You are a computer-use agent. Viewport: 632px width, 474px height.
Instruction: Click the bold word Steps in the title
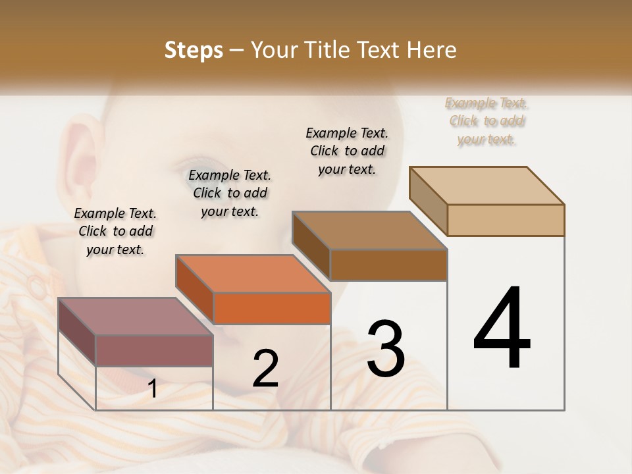click(x=194, y=50)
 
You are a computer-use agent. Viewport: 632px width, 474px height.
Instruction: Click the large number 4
click(x=502, y=329)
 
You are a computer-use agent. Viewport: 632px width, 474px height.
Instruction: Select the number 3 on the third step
click(x=386, y=349)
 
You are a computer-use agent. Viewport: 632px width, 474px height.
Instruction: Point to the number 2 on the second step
click(x=265, y=369)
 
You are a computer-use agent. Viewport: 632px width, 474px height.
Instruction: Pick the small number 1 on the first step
click(x=153, y=389)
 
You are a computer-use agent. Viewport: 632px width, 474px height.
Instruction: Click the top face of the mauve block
click(x=135, y=316)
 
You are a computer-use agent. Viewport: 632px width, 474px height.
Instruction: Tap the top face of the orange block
click(x=252, y=273)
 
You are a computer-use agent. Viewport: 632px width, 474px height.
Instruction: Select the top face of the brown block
click(x=369, y=230)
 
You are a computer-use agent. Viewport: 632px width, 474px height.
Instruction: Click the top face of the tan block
click(x=487, y=185)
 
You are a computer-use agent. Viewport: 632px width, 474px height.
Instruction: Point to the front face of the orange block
click(x=272, y=308)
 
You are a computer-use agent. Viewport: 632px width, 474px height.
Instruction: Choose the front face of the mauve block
click(x=154, y=350)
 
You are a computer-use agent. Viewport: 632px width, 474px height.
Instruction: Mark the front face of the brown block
click(x=388, y=265)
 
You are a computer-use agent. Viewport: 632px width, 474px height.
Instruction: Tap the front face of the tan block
click(x=506, y=220)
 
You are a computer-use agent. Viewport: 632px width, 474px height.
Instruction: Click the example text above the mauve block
click(x=115, y=232)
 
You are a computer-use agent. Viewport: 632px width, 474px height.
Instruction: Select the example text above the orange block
click(x=230, y=194)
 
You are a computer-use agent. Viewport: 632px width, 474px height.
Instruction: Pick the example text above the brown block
click(x=347, y=151)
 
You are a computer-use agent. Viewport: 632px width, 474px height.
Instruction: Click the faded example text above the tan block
click(x=487, y=121)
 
